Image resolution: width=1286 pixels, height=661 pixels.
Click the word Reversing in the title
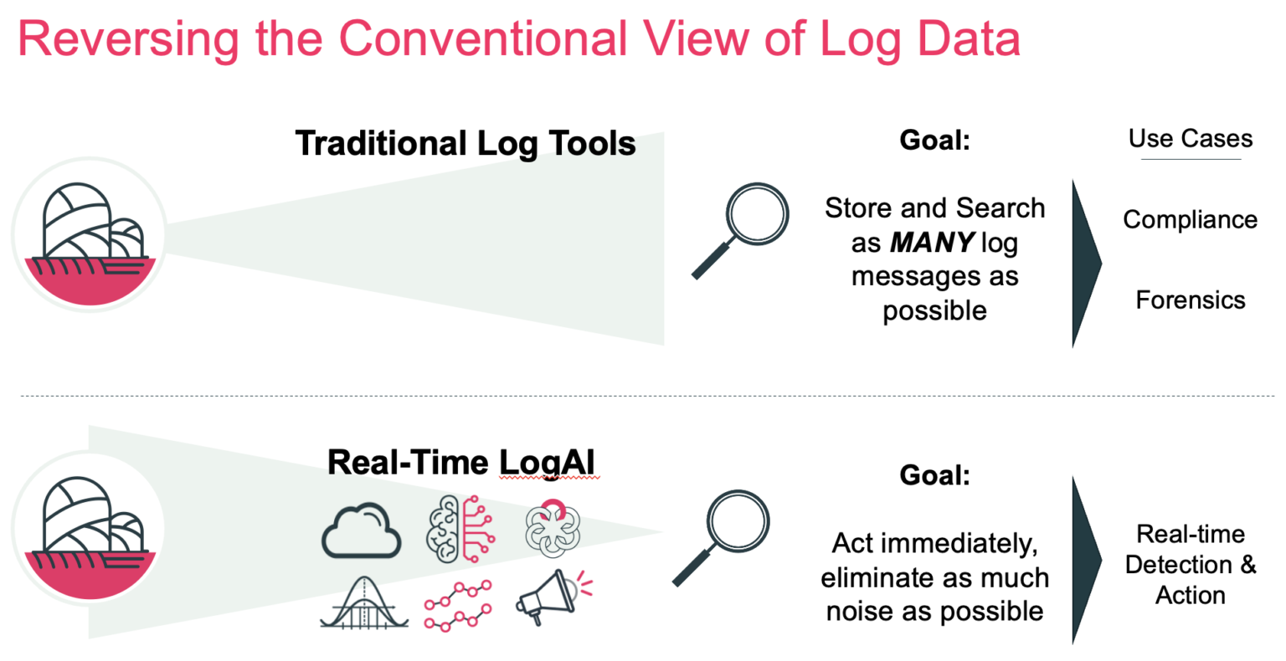click(x=128, y=40)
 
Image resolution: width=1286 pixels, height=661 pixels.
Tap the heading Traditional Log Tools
click(x=466, y=143)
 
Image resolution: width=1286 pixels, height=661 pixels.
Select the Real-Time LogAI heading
click(x=461, y=463)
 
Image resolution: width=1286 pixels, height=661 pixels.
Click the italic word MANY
click(x=933, y=242)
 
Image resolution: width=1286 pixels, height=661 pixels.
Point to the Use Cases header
click(x=1191, y=139)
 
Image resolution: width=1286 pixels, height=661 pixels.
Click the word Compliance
click(x=1190, y=220)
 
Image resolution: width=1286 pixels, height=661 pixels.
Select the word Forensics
click(x=1191, y=300)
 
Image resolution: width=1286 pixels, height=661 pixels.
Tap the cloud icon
click(x=361, y=530)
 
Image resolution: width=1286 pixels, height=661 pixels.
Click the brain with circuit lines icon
click(x=460, y=529)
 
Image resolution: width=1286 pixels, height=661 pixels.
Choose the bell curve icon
click(x=364, y=602)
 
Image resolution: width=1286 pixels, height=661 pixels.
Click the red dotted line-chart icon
click(x=458, y=605)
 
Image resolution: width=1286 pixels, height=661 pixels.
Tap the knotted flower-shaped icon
click(x=553, y=529)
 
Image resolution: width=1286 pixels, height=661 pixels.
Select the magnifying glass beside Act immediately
click(x=721, y=538)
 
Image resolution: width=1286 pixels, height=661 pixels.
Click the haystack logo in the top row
click(x=90, y=235)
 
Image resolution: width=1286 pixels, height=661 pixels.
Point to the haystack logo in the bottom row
click(x=90, y=529)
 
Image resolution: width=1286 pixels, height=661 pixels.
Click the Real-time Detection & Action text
click(x=1191, y=565)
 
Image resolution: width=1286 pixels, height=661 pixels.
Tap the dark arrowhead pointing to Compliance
click(x=1087, y=264)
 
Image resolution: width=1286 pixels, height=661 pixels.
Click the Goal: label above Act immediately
click(x=934, y=475)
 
